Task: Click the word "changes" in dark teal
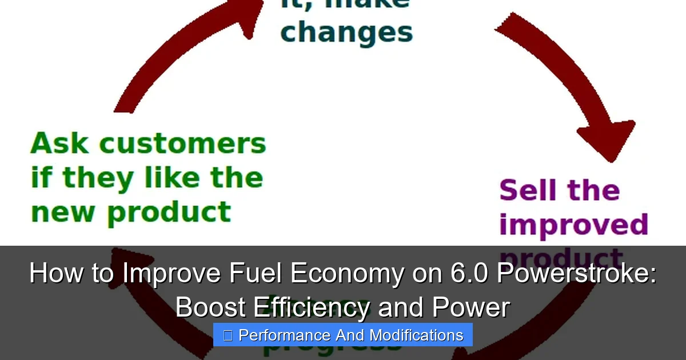(x=346, y=33)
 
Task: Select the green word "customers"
(x=183, y=144)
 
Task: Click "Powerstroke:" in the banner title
(x=576, y=274)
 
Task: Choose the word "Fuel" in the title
(x=256, y=274)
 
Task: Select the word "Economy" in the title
(x=346, y=274)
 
